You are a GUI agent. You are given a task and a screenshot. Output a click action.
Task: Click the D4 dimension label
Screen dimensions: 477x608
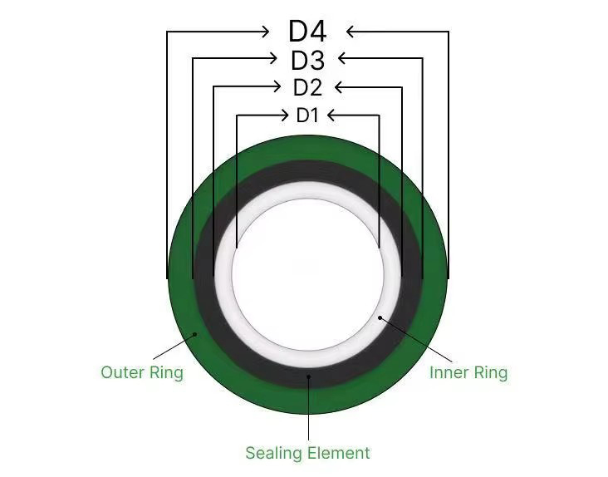[x=307, y=32]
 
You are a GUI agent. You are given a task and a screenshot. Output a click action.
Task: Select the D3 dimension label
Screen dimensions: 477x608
[x=307, y=60]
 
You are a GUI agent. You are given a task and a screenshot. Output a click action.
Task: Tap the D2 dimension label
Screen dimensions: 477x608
[x=307, y=87]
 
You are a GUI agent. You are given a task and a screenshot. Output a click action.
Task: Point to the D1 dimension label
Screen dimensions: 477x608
[x=307, y=116]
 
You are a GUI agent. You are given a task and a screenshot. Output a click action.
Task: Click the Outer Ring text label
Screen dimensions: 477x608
[x=141, y=371]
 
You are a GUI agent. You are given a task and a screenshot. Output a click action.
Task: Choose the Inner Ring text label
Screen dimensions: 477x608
[x=468, y=371]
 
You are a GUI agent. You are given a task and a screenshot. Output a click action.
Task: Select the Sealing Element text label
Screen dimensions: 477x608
[x=307, y=453]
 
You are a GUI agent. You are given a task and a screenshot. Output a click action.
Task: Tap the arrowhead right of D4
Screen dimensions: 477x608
[x=351, y=32]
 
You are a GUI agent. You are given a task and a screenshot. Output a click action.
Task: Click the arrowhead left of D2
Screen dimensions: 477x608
[x=277, y=86]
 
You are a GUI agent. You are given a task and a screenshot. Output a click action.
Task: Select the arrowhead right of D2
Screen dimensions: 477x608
[x=339, y=86]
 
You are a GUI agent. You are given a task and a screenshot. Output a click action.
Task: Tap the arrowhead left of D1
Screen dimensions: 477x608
[x=283, y=115]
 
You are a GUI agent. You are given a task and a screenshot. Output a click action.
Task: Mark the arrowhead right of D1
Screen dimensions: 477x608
[x=332, y=115]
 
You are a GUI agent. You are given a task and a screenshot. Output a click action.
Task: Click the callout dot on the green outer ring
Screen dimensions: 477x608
[x=196, y=333]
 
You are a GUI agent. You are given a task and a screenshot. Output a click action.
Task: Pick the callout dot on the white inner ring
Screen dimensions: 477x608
[x=380, y=317]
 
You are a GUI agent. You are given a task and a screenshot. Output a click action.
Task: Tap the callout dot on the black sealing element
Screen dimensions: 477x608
[x=308, y=376]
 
